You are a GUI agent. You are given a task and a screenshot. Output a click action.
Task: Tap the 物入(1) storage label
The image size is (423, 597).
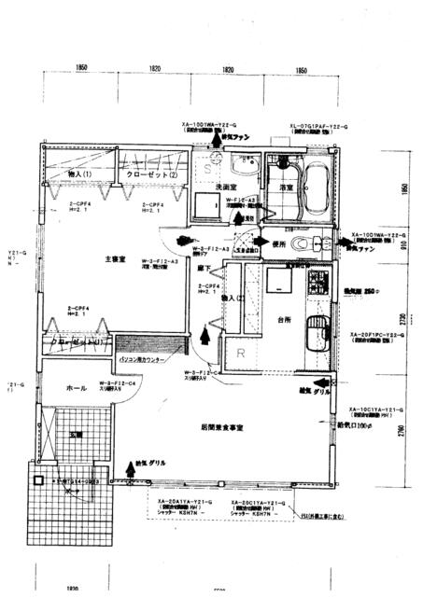[x=78, y=174]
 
